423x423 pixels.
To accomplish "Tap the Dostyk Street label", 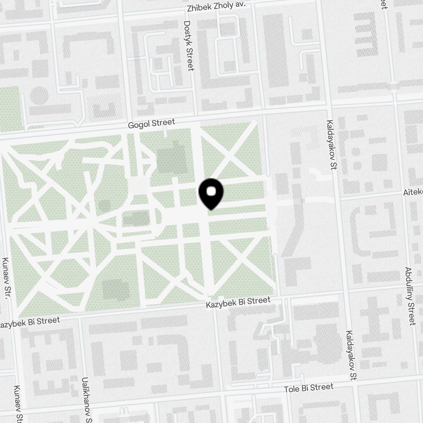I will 189,47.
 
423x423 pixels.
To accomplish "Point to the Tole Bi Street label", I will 309,387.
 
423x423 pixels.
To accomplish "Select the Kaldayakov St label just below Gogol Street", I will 330,145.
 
